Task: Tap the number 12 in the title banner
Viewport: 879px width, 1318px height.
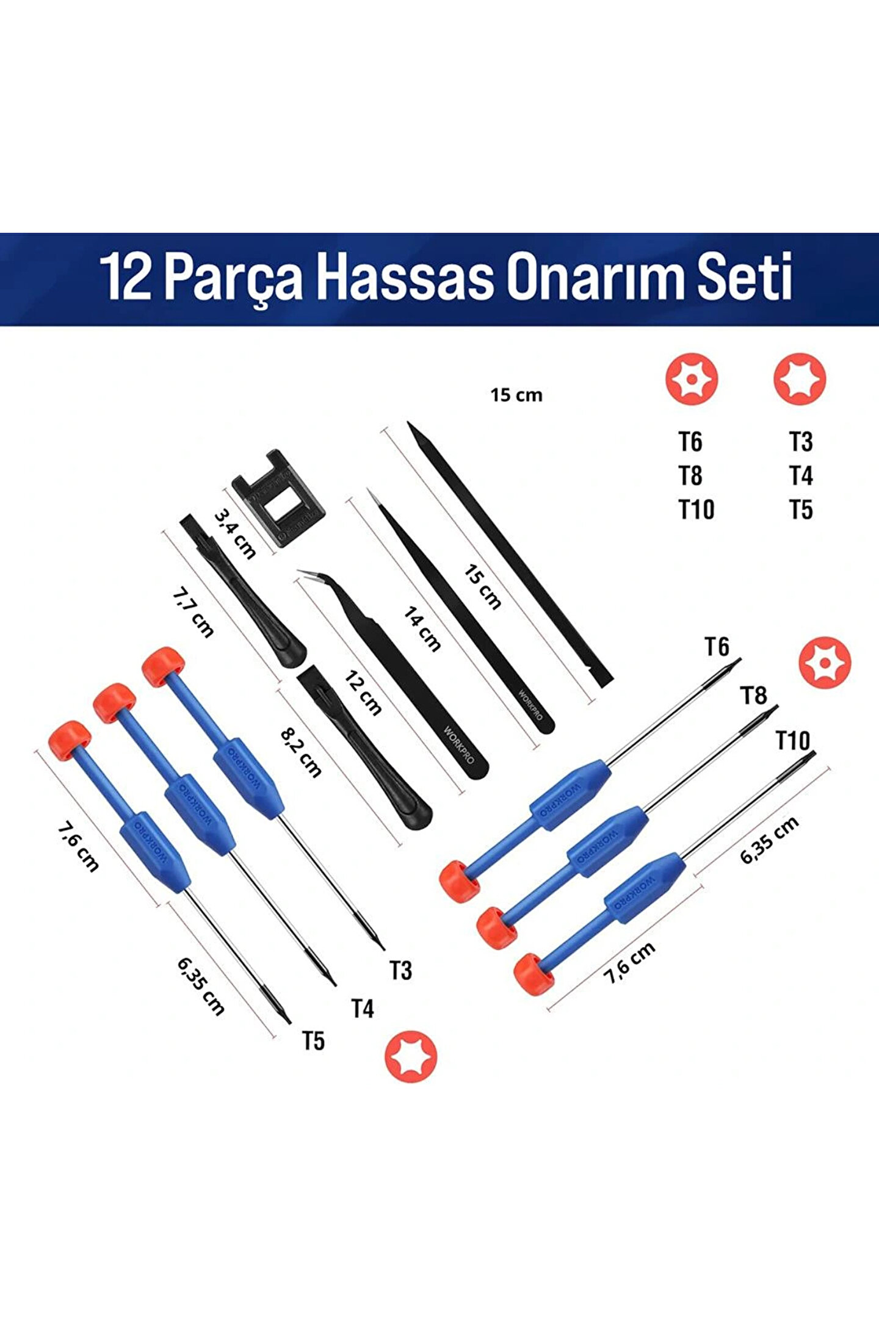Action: point(126,278)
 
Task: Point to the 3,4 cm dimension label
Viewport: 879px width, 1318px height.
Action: point(235,533)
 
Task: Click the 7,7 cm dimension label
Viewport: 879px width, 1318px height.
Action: point(193,613)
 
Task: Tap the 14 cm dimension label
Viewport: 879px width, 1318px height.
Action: point(422,629)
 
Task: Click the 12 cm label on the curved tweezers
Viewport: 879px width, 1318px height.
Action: point(363,693)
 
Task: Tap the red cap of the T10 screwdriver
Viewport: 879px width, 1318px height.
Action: point(535,974)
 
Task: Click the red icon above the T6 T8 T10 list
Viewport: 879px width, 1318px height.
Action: point(691,379)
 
